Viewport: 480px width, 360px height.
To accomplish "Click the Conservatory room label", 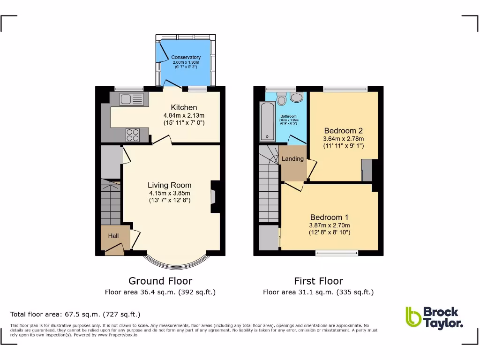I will [186, 57].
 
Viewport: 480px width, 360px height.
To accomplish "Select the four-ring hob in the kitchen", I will [133, 135].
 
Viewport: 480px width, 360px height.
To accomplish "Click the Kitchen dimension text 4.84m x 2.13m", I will [184, 115].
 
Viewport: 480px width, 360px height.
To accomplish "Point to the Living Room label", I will [170, 185].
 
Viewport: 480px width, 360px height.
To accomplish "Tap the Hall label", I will [113, 236].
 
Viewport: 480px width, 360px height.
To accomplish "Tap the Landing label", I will [292, 158].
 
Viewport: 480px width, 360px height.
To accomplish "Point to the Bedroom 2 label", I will [343, 131].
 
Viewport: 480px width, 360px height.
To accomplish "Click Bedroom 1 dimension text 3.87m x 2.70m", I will [330, 225].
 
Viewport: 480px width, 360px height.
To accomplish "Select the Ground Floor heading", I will [160, 281].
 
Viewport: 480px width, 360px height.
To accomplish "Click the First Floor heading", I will [318, 281].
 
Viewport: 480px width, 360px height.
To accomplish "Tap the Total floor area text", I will [75, 314].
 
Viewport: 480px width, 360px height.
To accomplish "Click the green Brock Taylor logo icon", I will [413, 317].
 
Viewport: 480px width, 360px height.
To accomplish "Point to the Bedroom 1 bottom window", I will [337, 253].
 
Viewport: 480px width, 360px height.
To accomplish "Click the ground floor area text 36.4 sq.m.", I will [160, 292].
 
